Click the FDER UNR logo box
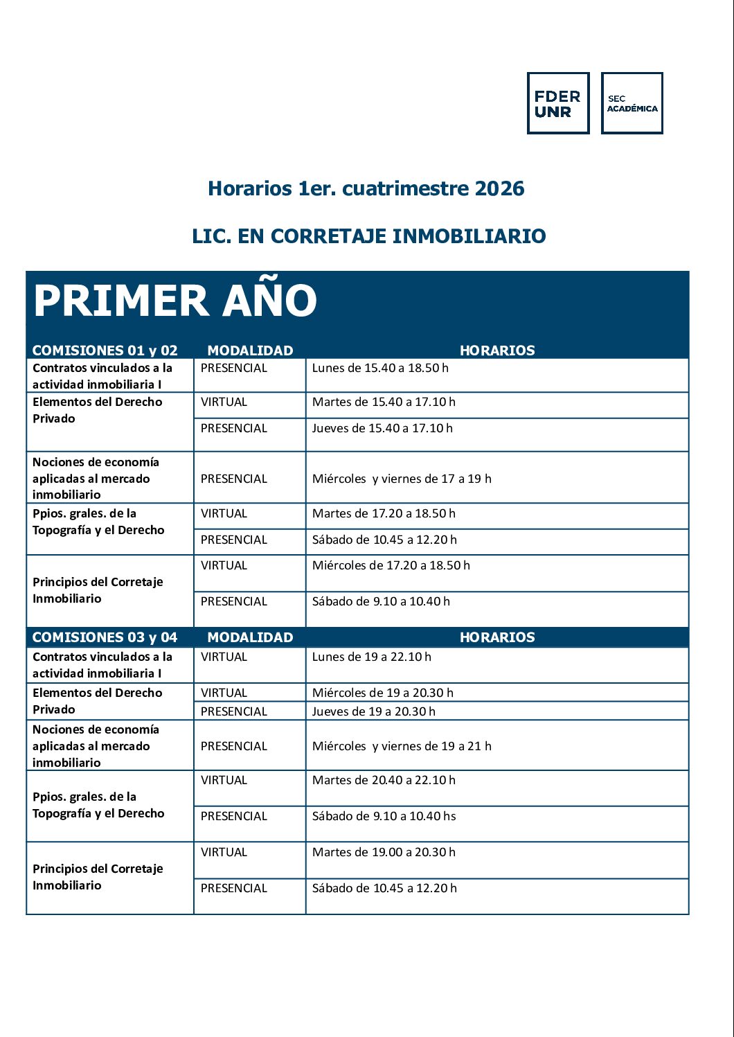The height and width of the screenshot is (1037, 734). [x=558, y=103]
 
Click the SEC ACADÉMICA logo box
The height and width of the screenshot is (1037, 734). [x=632, y=103]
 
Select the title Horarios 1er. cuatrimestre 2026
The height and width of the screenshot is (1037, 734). [x=366, y=188]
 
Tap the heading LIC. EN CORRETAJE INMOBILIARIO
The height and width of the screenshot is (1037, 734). [x=369, y=236]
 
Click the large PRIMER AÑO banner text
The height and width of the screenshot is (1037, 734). [x=175, y=301]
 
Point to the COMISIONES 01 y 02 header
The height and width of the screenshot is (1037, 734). [x=105, y=351]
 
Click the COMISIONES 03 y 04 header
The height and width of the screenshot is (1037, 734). [x=105, y=637]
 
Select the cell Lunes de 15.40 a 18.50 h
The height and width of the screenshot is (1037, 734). [x=380, y=368]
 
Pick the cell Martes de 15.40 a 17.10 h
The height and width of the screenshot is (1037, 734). [x=384, y=402]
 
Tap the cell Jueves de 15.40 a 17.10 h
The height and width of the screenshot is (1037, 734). [x=382, y=428]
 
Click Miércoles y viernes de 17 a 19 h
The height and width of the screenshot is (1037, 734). [x=402, y=479]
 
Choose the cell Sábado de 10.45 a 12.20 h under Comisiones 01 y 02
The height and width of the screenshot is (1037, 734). [x=384, y=540]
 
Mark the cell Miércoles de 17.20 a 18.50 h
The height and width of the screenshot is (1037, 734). [x=391, y=565]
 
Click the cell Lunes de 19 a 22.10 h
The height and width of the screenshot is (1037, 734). [x=371, y=657]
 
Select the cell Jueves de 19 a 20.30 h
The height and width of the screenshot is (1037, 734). [x=374, y=711]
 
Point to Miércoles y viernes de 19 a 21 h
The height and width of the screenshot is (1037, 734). [x=402, y=746]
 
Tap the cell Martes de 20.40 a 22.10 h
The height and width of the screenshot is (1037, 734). [x=384, y=780]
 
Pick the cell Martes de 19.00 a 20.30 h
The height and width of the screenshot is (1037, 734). [x=384, y=852]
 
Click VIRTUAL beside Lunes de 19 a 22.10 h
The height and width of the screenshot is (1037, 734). [x=224, y=657]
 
